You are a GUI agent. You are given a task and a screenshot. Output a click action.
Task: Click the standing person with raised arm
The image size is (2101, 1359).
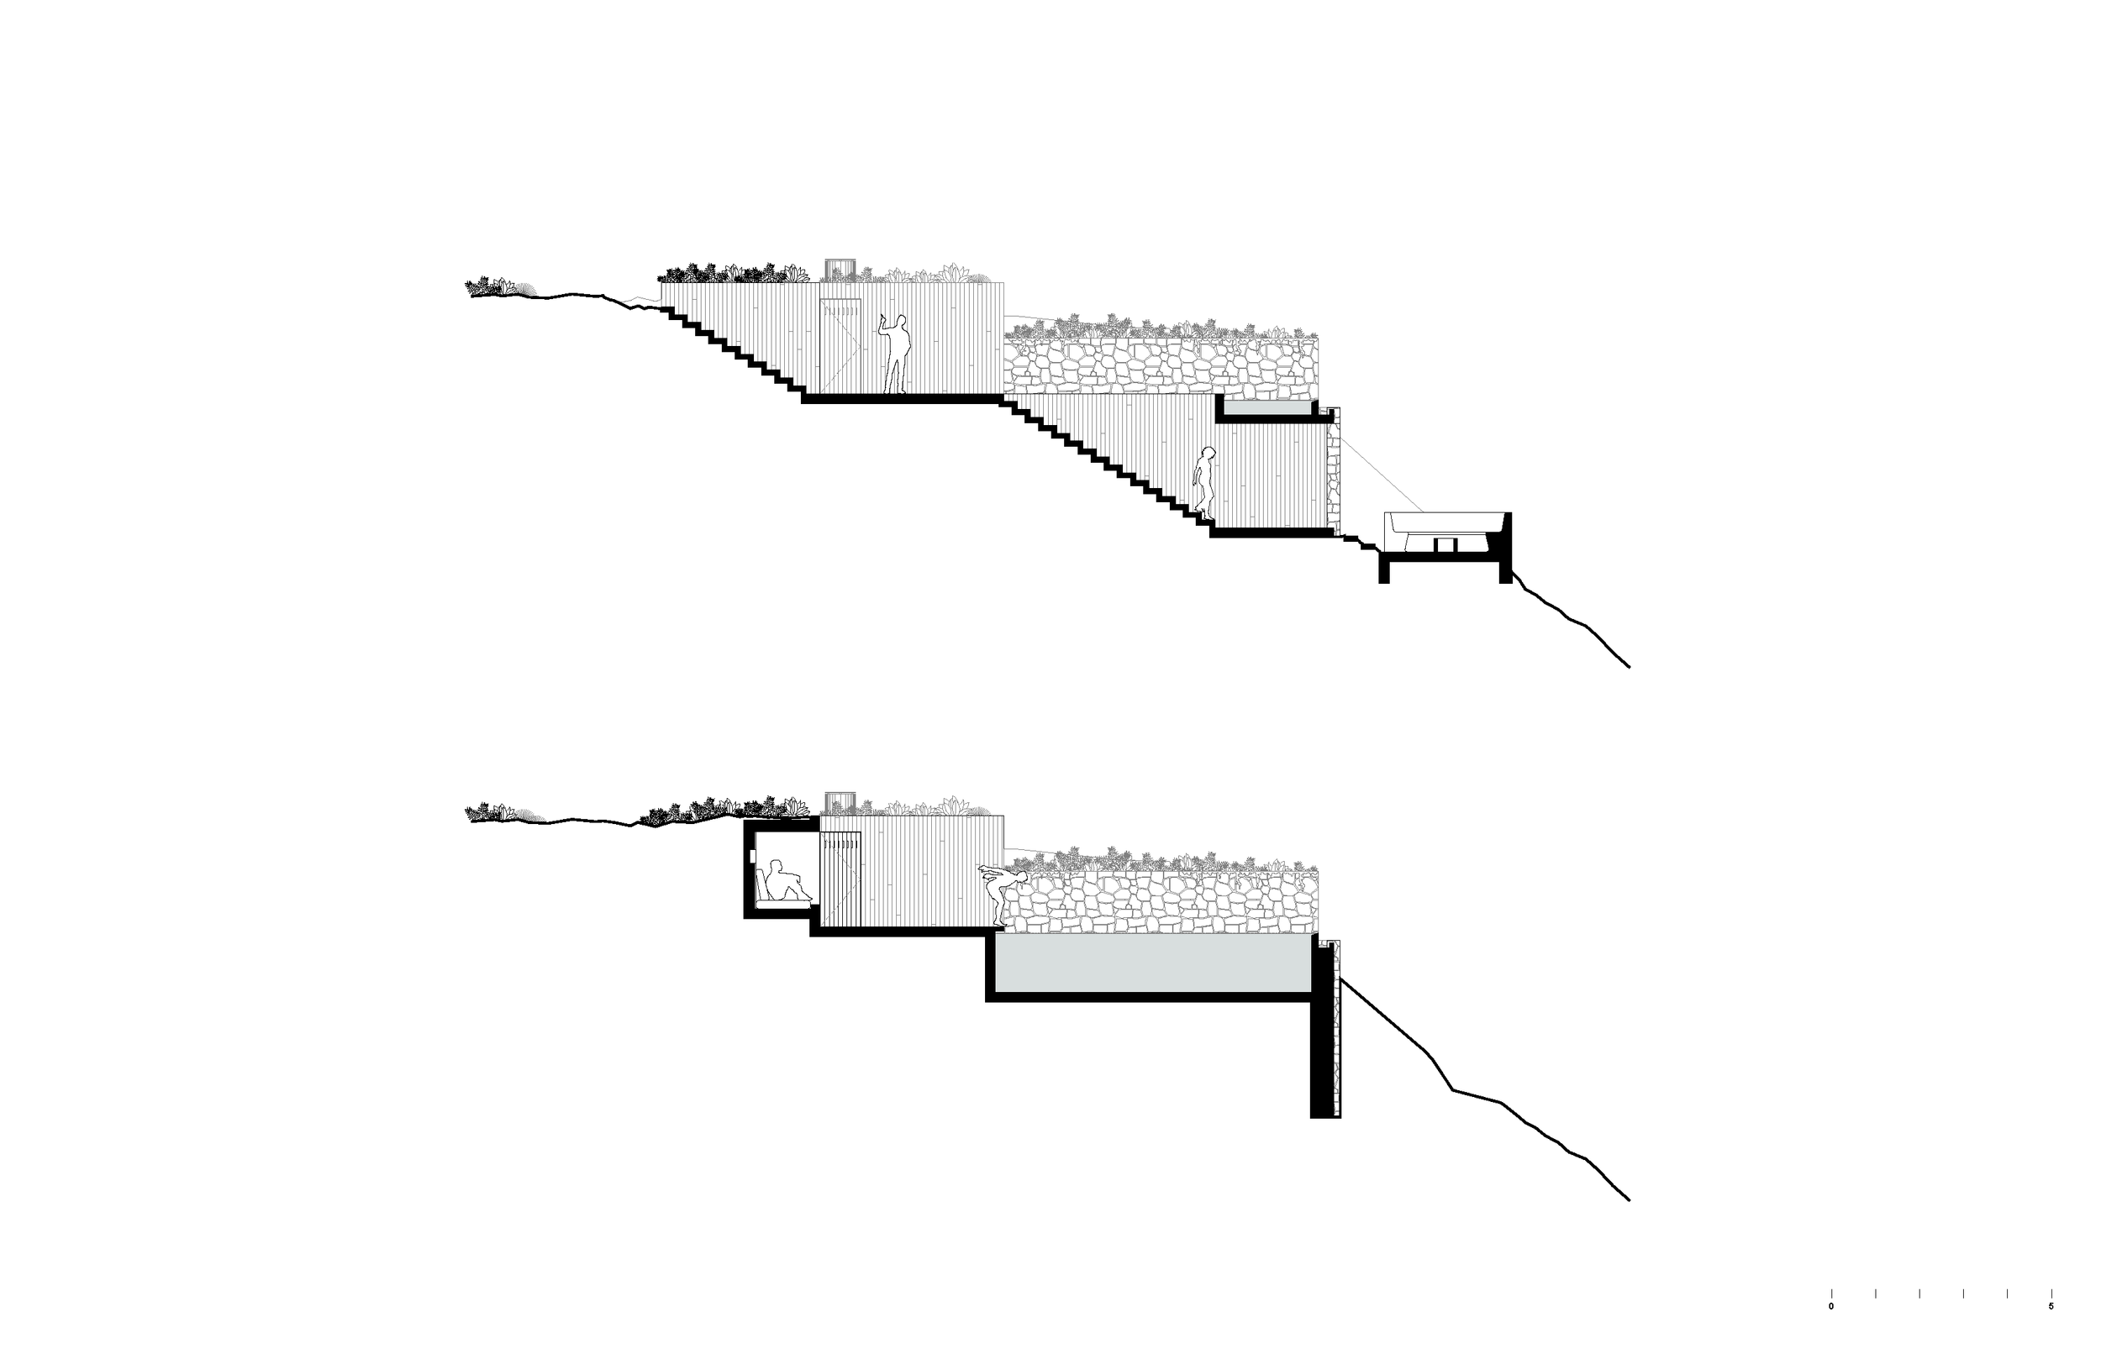(895, 354)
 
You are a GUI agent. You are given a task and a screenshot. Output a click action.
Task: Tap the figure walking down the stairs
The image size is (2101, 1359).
(1204, 482)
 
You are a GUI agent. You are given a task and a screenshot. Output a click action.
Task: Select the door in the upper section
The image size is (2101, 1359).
(840, 345)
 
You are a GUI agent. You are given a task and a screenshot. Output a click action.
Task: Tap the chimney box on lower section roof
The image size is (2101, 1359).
(839, 802)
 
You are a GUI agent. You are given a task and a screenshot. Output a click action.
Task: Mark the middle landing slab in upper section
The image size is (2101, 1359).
(900, 399)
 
